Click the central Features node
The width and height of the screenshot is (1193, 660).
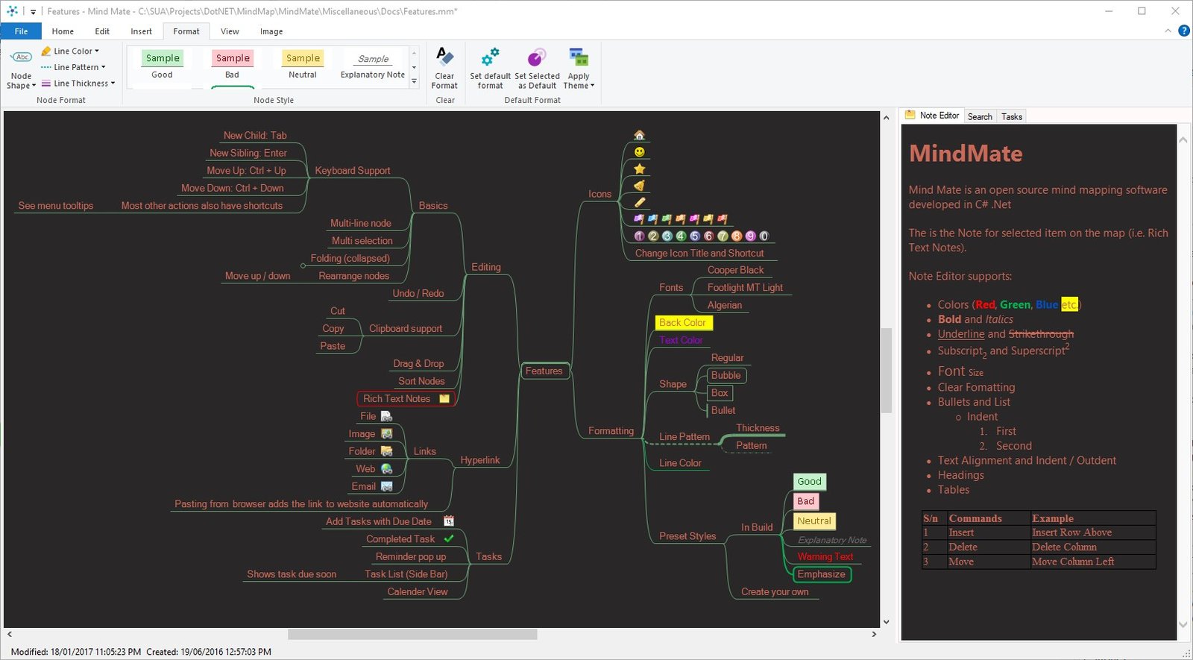click(544, 371)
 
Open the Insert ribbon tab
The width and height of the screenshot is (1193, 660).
click(141, 31)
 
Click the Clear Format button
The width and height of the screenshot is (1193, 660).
click(444, 68)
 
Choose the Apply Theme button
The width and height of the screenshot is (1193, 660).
click(579, 68)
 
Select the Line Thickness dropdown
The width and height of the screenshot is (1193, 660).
click(78, 83)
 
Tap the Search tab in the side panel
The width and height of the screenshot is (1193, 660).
click(980, 116)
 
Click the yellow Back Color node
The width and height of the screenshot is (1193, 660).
click(683, 322)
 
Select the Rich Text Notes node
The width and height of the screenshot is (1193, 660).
click(406, 398)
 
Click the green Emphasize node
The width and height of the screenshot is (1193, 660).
click(822, 574)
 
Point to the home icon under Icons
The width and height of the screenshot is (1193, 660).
click(639, 135)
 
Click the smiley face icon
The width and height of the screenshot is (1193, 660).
click(639, 152)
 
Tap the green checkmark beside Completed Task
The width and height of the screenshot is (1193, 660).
click(449, 538)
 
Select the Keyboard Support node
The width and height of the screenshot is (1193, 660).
click(353, 171)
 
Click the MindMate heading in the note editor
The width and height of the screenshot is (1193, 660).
click(966, 154)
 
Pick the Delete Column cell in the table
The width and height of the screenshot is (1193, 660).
click(1064, 547)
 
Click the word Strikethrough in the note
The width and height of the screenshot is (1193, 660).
click(1041, 334)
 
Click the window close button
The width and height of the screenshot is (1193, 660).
click(1175, 11)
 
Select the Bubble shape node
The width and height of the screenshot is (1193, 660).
click(726, 375)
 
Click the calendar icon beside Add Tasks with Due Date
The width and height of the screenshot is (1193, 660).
click(449, 521)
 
